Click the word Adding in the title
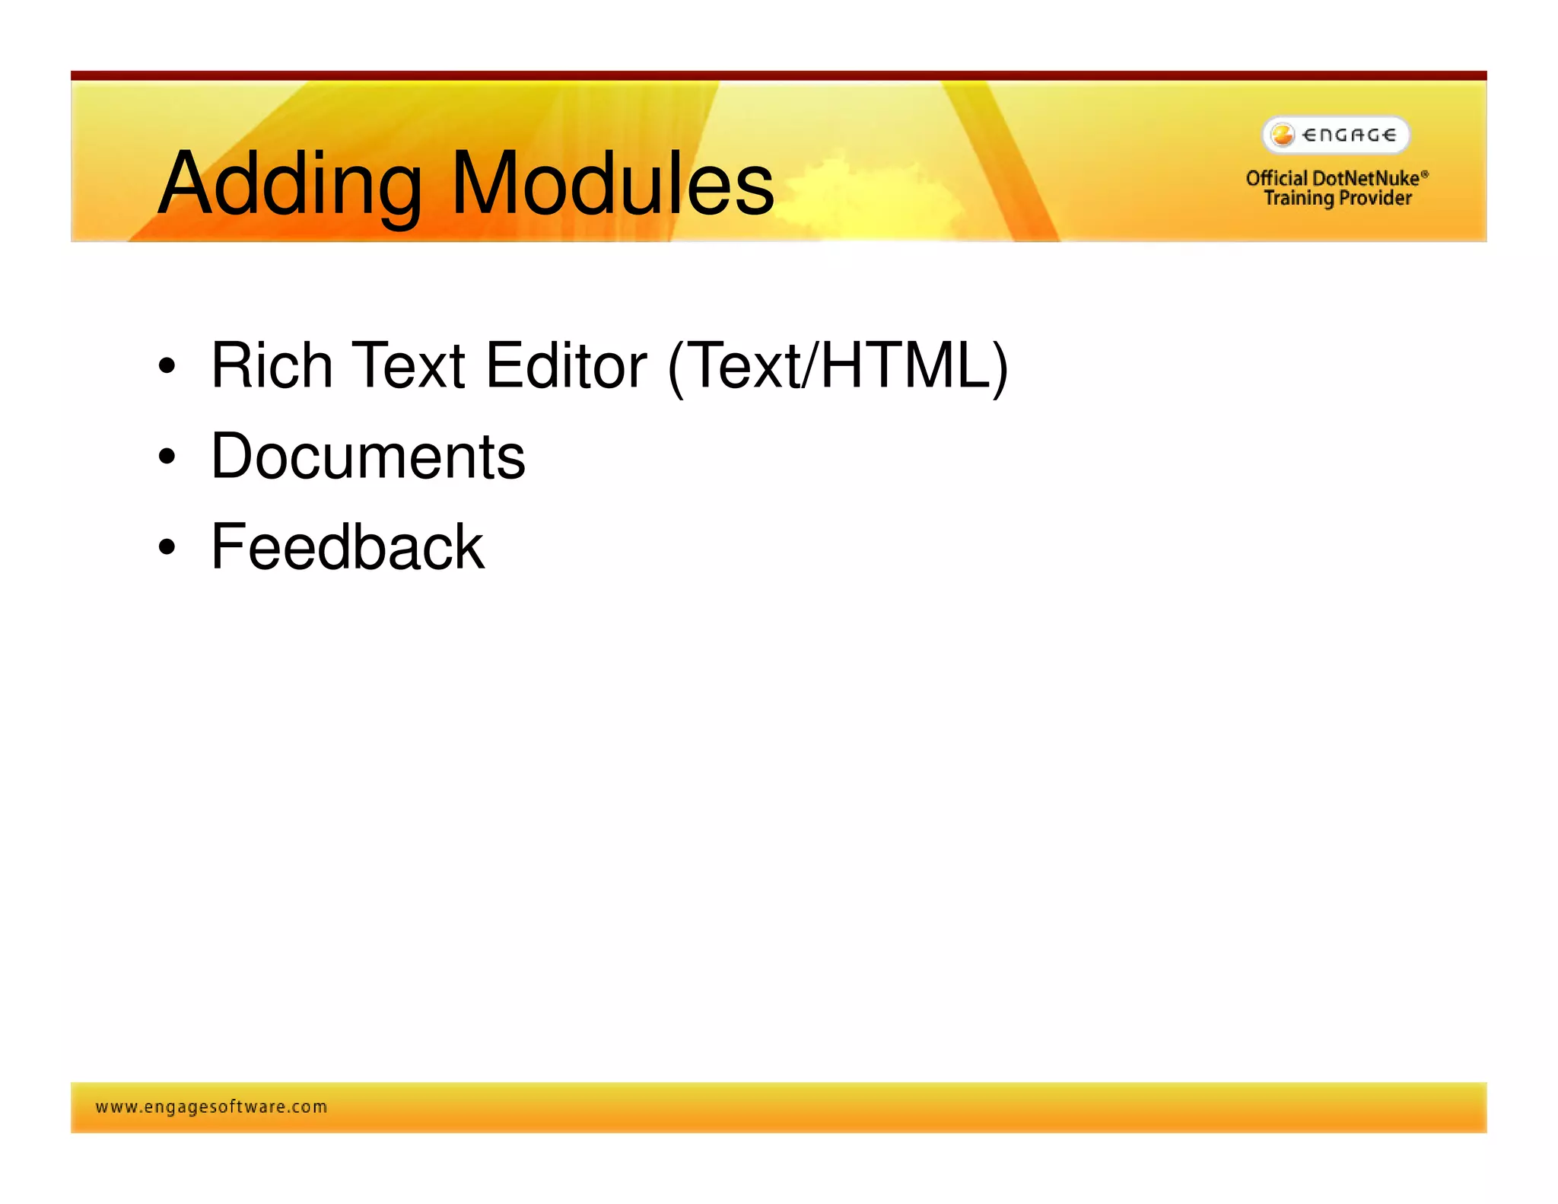tap(289, 184)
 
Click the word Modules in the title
tap(612, 184)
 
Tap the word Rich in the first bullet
tap(272, 366)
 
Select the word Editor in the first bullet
tap(566, 366)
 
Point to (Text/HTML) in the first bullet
tap(838, 368)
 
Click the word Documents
tap(368, 457)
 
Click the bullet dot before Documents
tap(167, 457)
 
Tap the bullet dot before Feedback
tap(167, 547)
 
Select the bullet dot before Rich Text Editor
tap(167, 366)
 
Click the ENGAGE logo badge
tap(1336, 135)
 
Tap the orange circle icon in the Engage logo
tap(1283, 135)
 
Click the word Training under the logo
tap(1299, 199)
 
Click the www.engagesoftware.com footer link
tap(211, 1107)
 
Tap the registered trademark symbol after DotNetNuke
tap(1425, 174)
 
